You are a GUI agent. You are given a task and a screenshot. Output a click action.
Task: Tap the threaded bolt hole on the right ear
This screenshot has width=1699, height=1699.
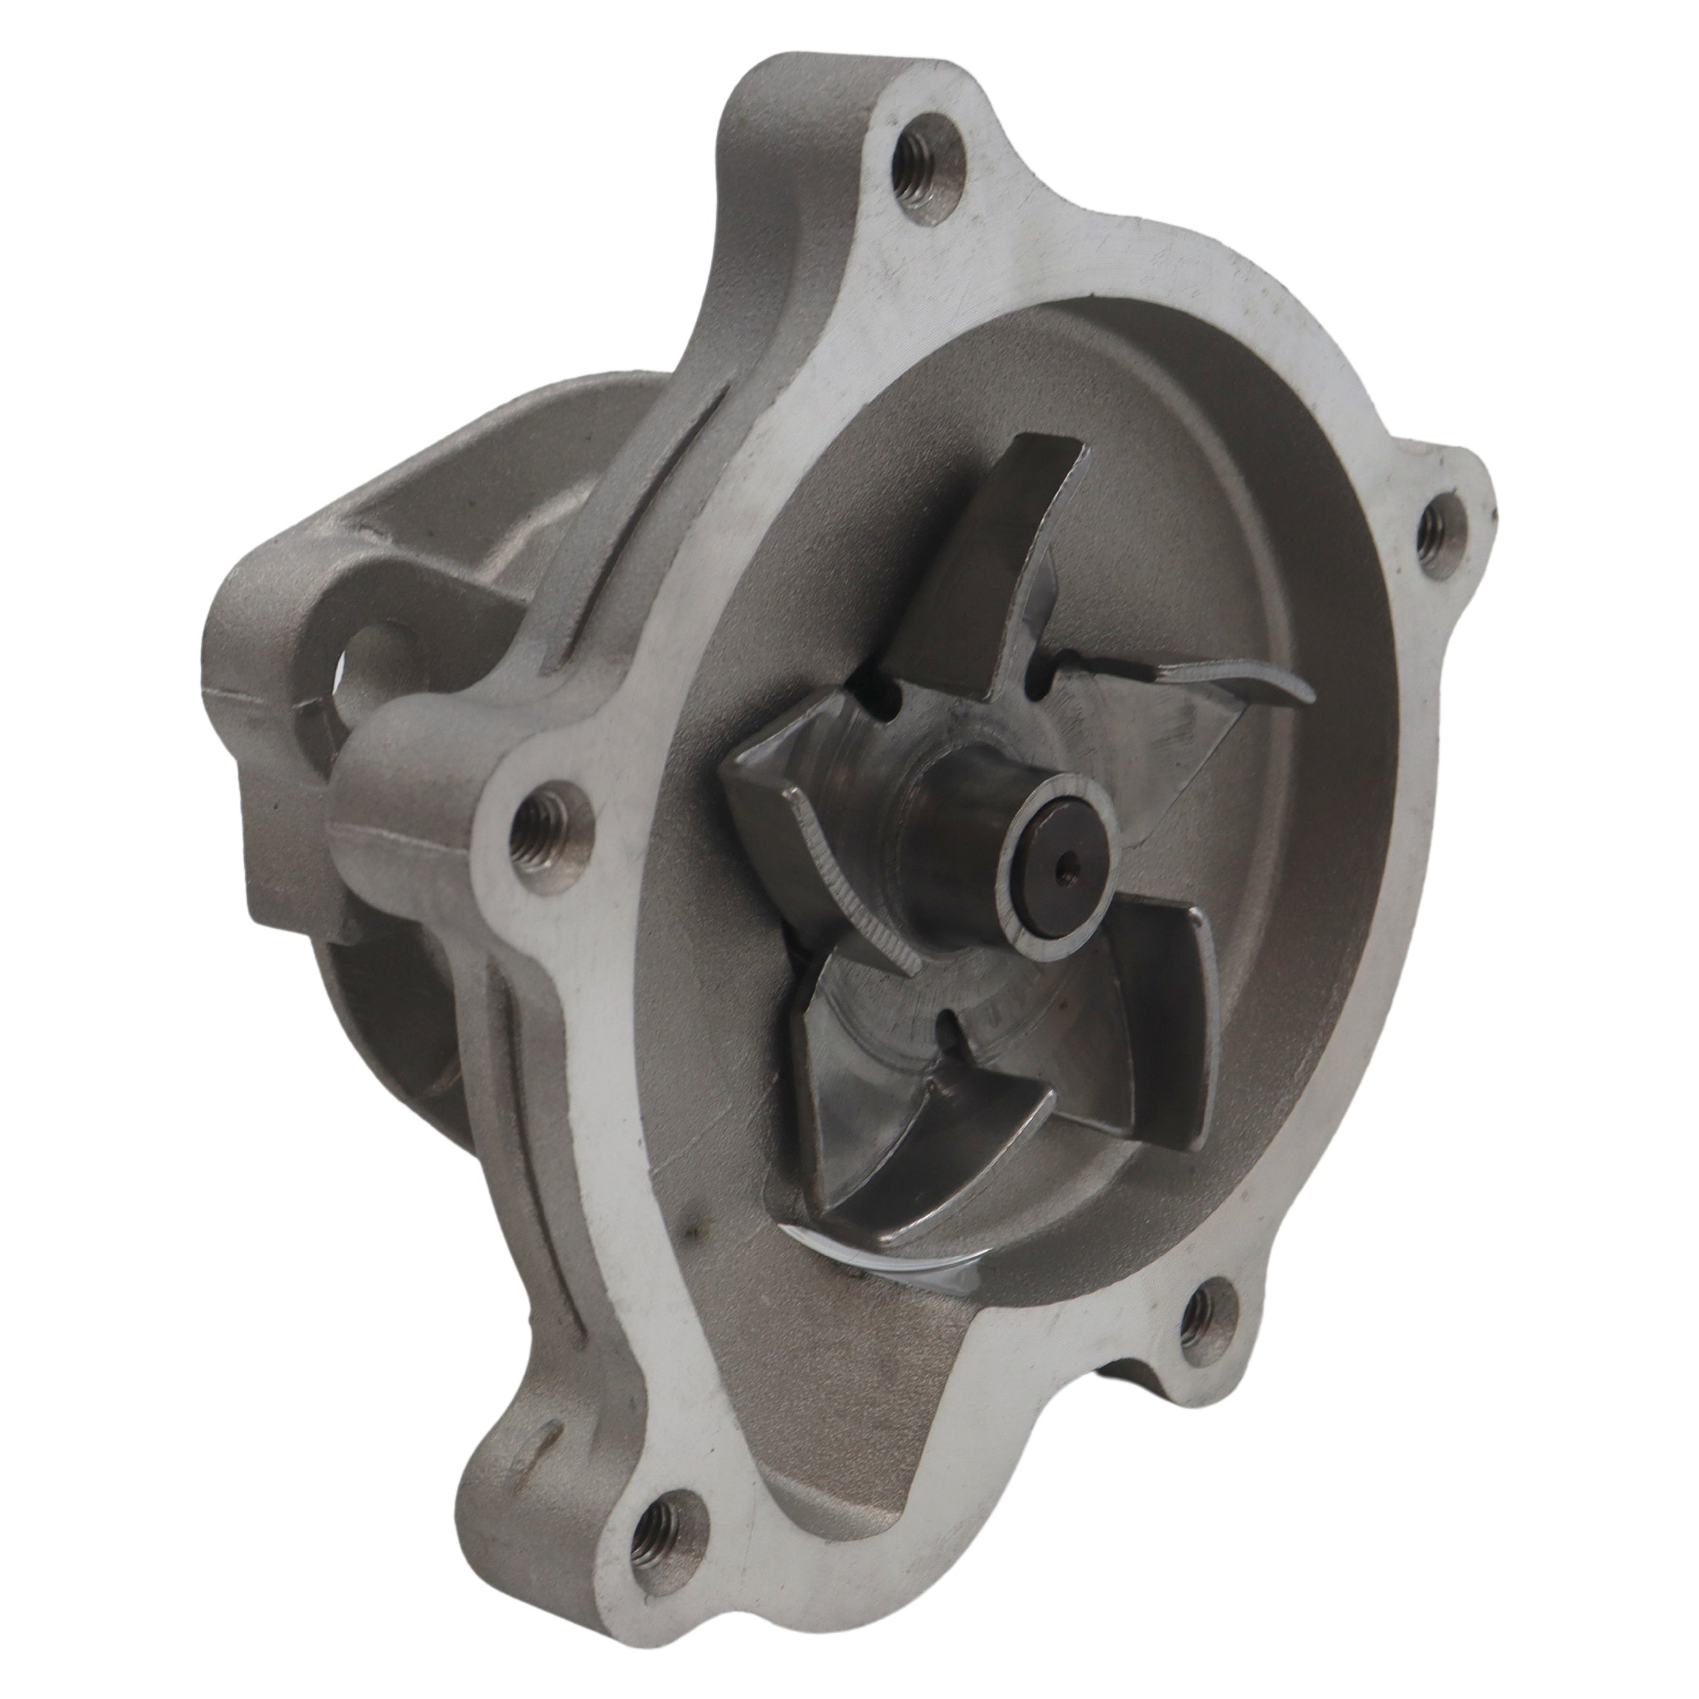[1439, 529]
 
